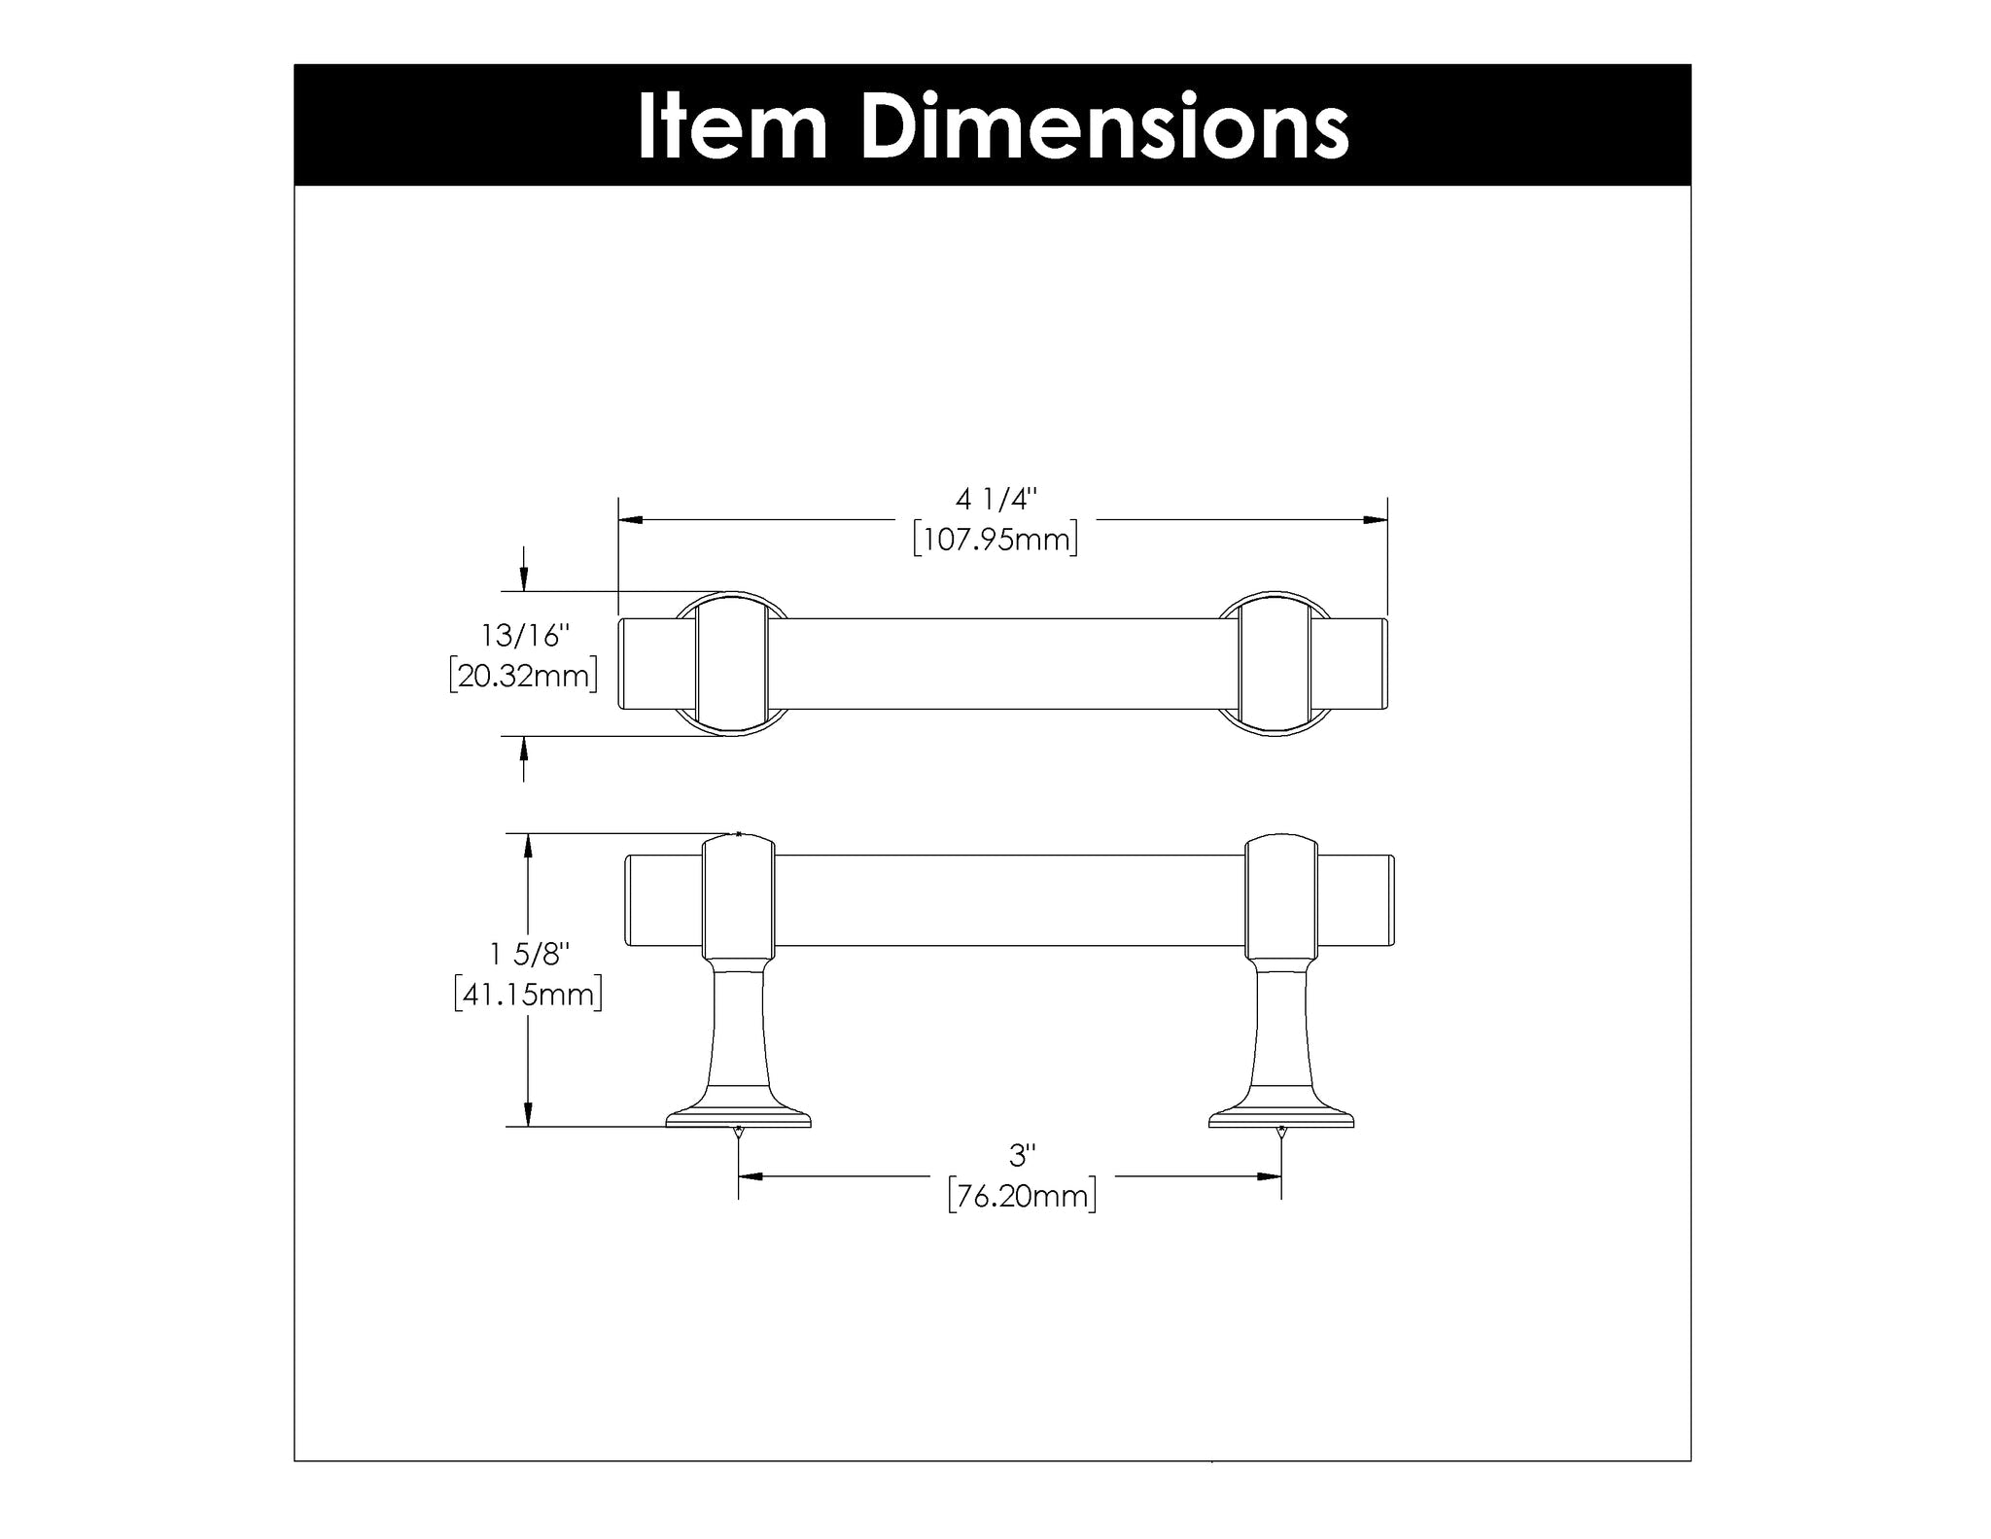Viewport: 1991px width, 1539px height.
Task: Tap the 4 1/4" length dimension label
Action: (x=996, y=500)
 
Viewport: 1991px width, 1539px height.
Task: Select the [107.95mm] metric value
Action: (x=996, y=539)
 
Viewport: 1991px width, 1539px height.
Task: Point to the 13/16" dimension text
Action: (x=524, y=636)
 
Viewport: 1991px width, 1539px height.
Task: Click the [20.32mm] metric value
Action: (x=524, y=675)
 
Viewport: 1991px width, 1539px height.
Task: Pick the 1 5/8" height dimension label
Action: (x=528, y=955)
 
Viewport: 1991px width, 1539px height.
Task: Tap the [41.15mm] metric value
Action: (x=528, y=995)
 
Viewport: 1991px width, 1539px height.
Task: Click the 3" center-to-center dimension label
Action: (x=1023, y=1156)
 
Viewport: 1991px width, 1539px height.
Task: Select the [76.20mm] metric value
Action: (x=1023, y=1196)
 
